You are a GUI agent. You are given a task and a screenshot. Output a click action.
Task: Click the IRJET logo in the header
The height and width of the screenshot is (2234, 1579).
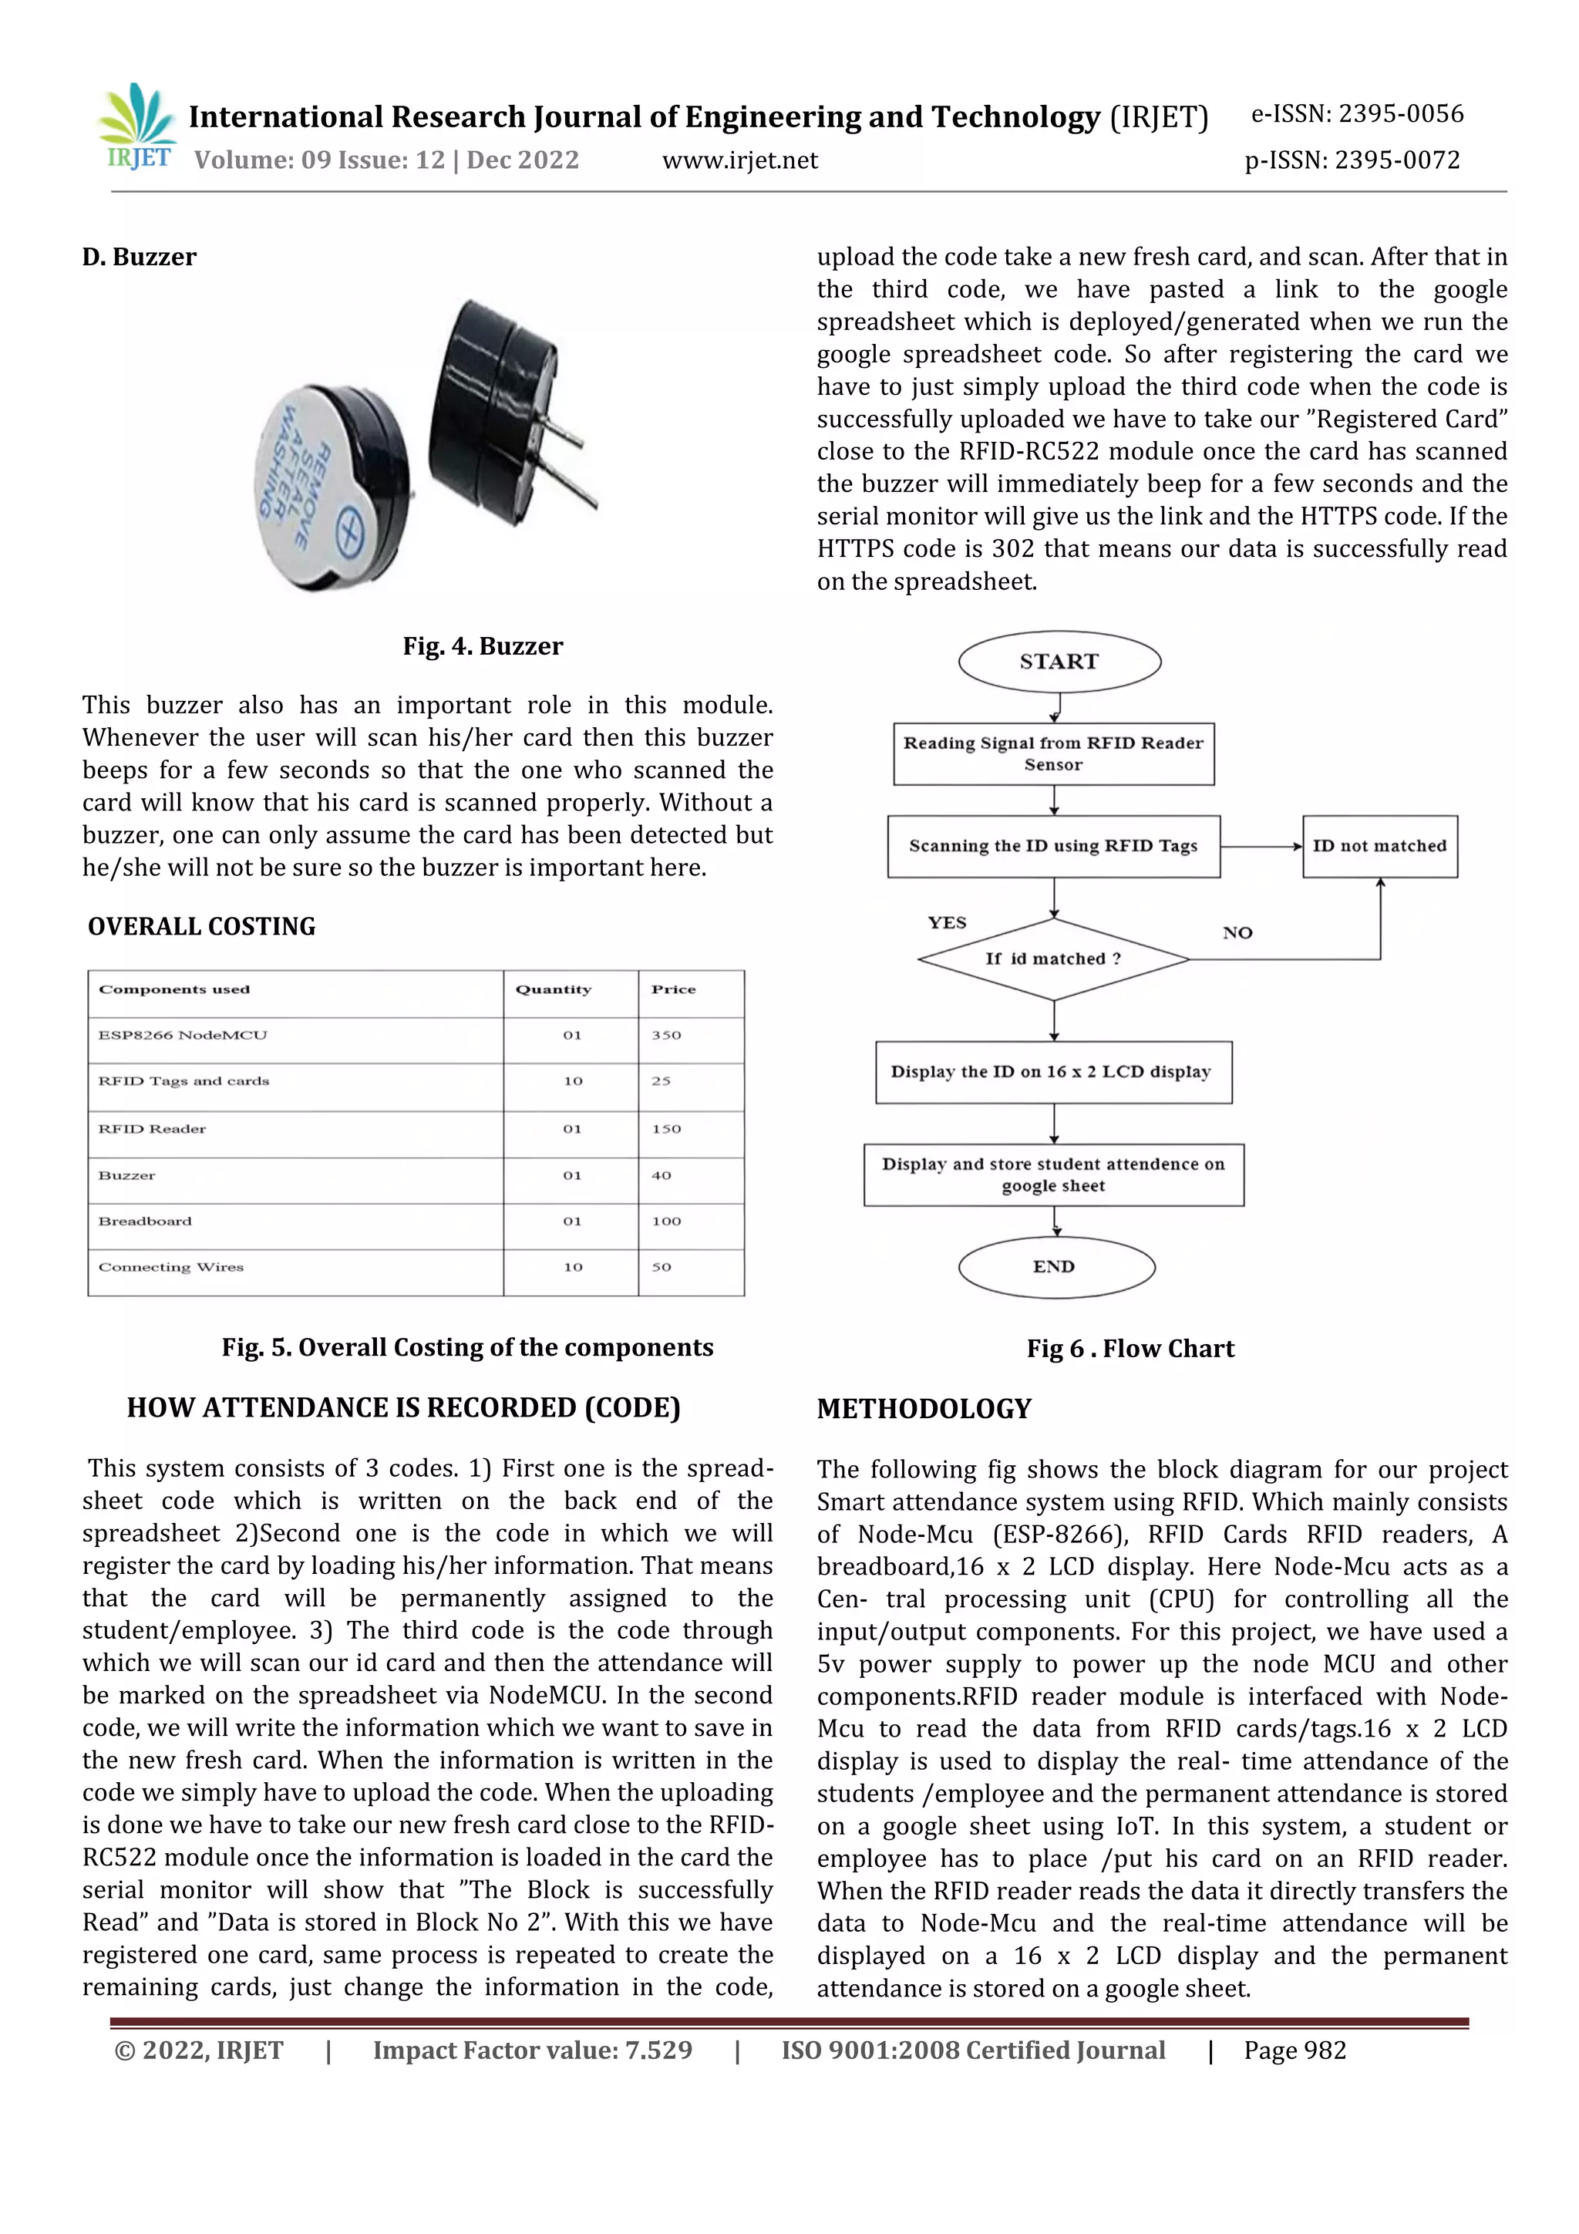[x=137, y=127]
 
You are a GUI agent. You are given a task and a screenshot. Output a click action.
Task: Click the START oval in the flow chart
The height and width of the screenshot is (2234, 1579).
[x=1059, y=662]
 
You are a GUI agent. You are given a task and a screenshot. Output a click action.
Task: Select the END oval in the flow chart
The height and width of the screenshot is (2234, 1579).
[x=1055, y=1267]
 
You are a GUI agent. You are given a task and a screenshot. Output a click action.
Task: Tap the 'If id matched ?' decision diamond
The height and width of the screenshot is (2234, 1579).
[x=1054, y=959]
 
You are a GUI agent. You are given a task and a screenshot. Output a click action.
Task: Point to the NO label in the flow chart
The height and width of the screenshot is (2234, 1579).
[x=1237, y=933]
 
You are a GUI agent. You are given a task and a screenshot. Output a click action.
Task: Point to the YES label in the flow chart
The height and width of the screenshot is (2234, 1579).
[x=947, y=922]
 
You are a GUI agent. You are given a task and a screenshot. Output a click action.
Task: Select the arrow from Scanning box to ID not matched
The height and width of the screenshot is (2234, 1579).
[x=1261, y=847]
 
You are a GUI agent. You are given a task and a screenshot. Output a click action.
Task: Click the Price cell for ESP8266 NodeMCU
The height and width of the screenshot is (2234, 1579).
[x=666, y=1036]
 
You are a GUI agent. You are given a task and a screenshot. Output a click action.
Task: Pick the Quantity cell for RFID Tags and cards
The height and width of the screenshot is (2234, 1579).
[x=572, y=1081]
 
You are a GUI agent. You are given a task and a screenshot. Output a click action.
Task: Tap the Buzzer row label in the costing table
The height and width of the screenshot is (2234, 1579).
[x=127, y=1175]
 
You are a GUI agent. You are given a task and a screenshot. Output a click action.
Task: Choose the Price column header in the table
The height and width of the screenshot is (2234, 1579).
[x=673, y=989]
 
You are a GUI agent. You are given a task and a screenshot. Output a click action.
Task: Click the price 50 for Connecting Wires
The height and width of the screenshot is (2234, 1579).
[x=662, y=1267]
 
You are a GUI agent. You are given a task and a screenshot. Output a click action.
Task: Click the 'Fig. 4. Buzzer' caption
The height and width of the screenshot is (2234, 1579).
[x=483, y=646]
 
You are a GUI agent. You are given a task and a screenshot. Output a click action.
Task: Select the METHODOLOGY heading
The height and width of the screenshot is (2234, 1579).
[x=924, y=1409]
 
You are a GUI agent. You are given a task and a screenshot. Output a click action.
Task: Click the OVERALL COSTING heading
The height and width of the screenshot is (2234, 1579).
[x=201, y=926]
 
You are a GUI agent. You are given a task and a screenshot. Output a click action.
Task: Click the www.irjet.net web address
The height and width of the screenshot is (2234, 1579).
[x=739, y=160]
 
